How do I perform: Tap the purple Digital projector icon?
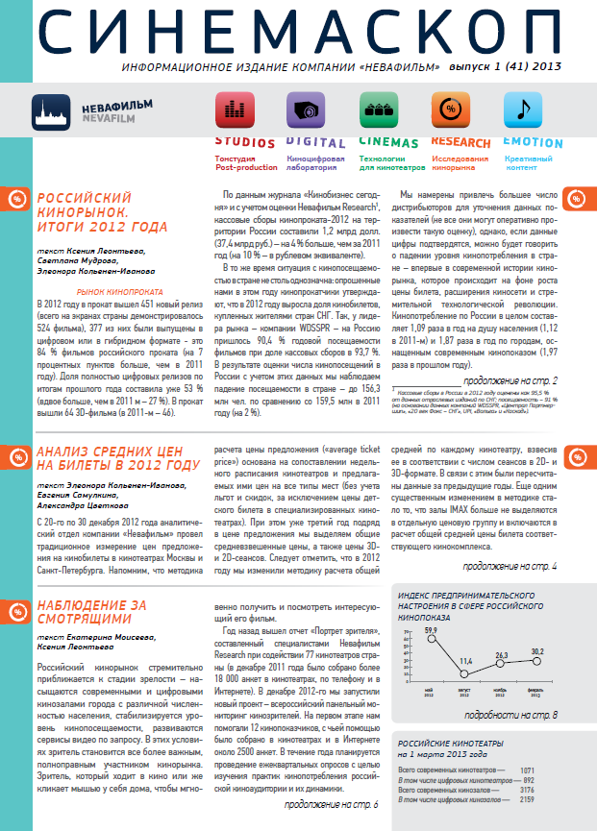[x=304, y=110]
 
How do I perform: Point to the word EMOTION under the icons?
[x=532, y=142]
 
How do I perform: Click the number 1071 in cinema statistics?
[x=527, y=770]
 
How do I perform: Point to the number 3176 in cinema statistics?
[x=527, y=790]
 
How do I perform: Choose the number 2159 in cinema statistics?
[x=527, y=799]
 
